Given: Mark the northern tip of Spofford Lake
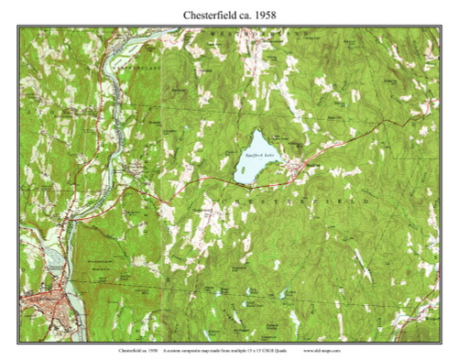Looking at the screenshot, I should click(261, 131).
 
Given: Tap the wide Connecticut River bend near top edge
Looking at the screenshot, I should click(147, 40).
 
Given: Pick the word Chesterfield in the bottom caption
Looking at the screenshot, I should click(131, 350).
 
